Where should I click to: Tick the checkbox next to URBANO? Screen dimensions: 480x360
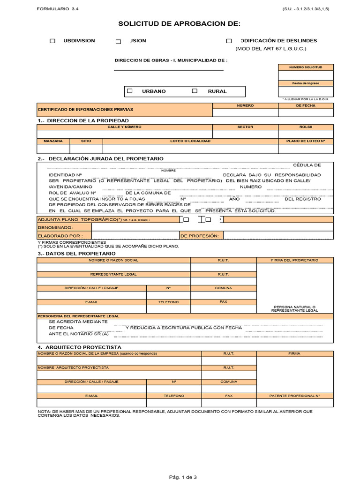point(130,91)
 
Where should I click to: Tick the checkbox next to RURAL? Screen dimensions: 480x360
point(195,91)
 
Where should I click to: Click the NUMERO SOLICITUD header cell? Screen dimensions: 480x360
point(306,67)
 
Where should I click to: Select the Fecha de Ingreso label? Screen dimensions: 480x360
point(306,83)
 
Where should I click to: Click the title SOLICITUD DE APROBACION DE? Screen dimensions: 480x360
point(180,23)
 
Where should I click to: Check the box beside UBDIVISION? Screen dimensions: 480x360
point(52,41)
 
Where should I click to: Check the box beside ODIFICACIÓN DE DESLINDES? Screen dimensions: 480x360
point(229,41)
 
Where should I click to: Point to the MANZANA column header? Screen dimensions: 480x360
point(53,141)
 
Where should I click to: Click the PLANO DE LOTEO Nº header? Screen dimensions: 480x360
point(306,141)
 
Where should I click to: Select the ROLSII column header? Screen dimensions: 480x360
point(306,127)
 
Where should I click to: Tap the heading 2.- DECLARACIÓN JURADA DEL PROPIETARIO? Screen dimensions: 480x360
point(100,159)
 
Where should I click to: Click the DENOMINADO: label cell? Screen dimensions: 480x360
point(64,227)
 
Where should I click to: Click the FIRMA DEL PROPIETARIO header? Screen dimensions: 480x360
point(295,260)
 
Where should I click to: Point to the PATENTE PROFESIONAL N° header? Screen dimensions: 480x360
point(295,396)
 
